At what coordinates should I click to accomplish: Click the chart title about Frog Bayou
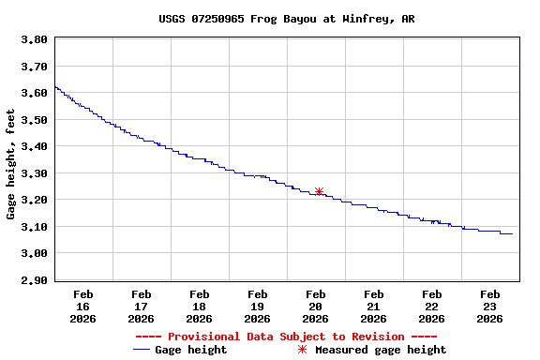pos(286,19)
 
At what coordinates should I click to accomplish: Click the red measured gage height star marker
pos(319,191)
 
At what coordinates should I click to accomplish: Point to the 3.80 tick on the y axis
pos(34,40)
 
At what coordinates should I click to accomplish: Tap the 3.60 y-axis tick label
pos(34,94)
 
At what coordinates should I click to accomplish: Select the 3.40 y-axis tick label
pos(34,147)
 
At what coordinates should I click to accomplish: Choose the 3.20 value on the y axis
pos(34,201)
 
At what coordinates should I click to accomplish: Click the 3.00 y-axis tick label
pos(34,254)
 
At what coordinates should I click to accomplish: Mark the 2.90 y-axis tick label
pos(34,280)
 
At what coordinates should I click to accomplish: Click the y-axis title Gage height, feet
pos(11,164)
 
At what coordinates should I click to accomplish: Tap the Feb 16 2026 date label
pos(83,307)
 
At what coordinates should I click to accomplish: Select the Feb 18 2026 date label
pos(200,307)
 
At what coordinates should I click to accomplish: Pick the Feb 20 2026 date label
pos(316,307)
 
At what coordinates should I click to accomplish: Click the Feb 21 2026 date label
pos(374,307)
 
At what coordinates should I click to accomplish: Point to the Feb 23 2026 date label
pos(490,307)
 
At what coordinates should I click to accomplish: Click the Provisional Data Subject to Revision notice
pos(286,337)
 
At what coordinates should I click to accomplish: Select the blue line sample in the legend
pos(142,350)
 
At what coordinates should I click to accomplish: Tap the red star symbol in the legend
pos(302,350)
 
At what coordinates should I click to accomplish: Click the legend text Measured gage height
pos(381,350)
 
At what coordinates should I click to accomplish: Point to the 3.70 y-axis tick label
pos(34,67)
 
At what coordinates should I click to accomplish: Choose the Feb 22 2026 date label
pos(432,307)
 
